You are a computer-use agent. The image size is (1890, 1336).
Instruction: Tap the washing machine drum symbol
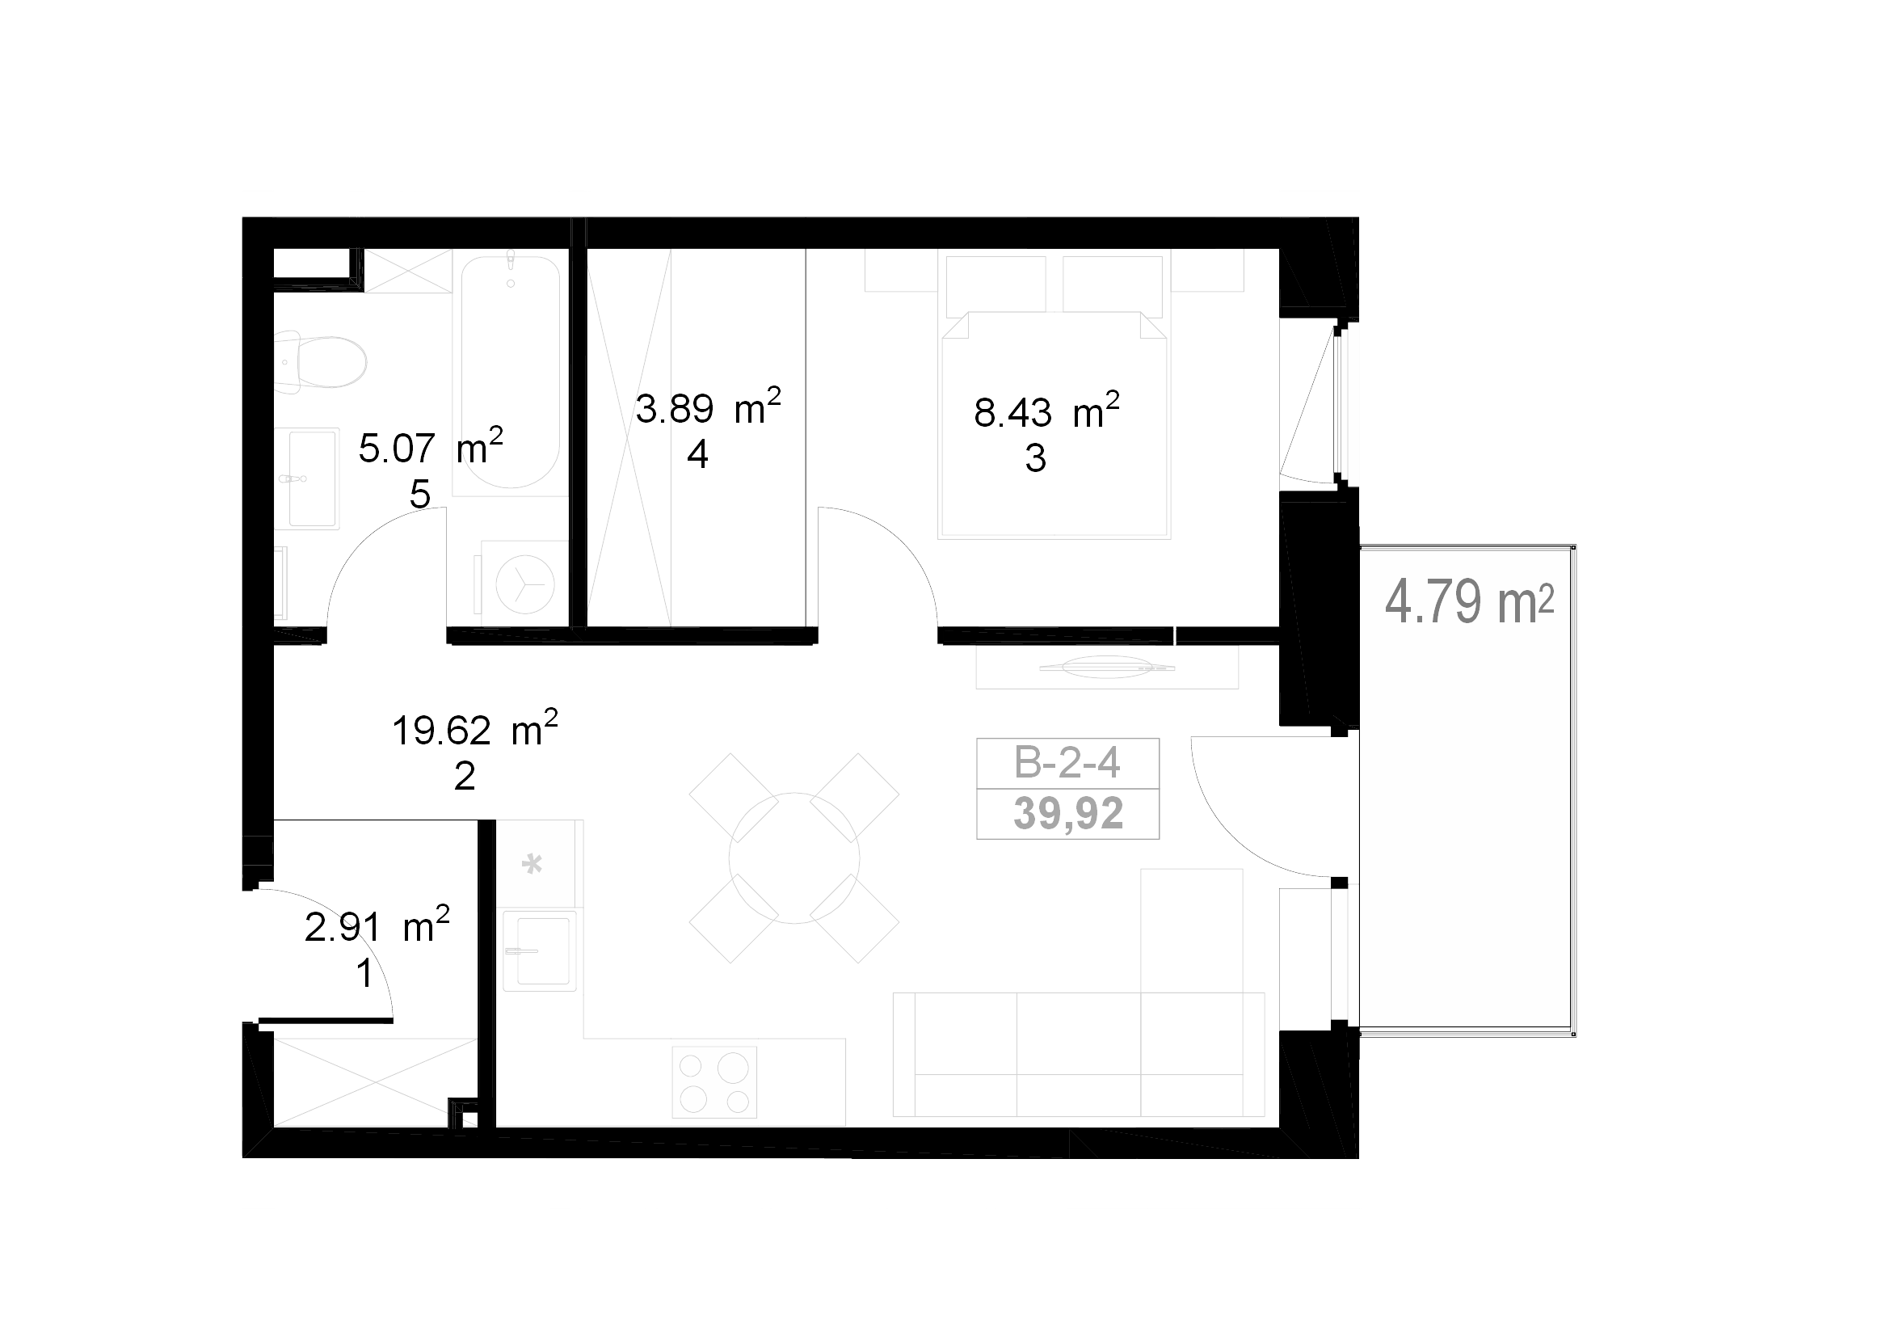point(525,584)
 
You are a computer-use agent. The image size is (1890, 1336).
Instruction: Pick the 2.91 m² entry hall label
point(377,925)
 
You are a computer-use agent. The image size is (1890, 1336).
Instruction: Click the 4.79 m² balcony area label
point(1469,602)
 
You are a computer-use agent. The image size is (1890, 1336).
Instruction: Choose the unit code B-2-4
point(1067,763)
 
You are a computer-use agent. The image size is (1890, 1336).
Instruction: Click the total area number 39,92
point(1067,813)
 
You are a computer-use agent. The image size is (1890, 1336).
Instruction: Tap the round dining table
point(794,858)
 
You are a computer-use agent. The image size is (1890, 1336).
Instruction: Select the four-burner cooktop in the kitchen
point(713,1081)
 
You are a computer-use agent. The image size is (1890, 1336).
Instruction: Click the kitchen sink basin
point(539,950)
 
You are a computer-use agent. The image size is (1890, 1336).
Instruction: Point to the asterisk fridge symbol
point(532,863)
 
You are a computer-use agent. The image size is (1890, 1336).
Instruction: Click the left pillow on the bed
point(996,284)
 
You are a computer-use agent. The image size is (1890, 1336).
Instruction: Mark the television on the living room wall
point(1107,667)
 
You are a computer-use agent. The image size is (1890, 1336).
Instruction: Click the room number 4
point(697,454)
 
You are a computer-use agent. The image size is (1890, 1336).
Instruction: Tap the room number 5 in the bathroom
point(420,495)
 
